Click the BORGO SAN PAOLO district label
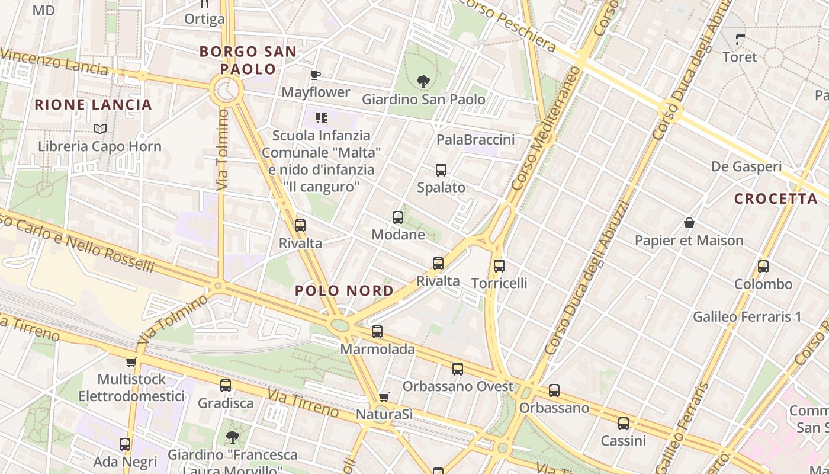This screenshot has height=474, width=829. point(248,60)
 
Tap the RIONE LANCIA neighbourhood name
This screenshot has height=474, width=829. point(94,105)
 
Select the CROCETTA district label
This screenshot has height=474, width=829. point(776,199)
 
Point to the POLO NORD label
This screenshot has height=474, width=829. point(344,291)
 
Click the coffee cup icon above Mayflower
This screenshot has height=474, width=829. point(316,75)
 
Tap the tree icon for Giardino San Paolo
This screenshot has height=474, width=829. point(423,81)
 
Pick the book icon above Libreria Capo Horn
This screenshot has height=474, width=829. point(100,129)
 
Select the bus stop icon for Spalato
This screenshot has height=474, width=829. point(441,170)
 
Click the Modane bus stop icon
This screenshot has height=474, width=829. point(398,217)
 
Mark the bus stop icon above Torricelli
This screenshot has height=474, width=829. point(499,266)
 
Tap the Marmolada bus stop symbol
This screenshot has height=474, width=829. point(377,332)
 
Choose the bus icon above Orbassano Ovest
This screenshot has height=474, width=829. point(458,369)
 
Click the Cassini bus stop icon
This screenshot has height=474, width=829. point(624,424)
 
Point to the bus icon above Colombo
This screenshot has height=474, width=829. point(763,267)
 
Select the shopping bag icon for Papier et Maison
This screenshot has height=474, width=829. point(689,223)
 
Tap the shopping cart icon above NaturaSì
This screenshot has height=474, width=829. point(384,397)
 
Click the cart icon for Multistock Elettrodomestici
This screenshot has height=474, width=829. point(131,362)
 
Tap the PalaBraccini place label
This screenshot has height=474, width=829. point(475,140)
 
